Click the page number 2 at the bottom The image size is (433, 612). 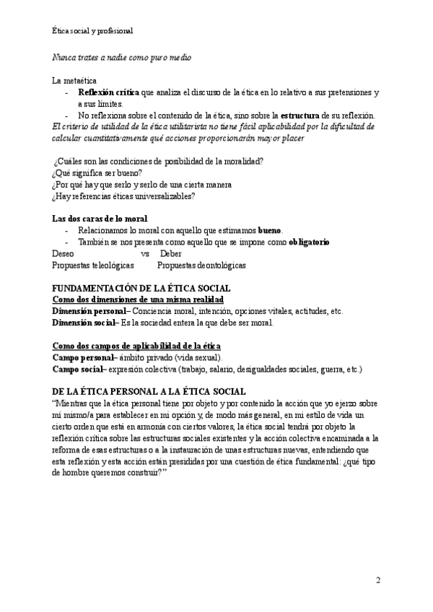379,580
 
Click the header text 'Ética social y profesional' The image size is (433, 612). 93,31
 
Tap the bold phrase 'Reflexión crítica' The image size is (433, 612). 108,93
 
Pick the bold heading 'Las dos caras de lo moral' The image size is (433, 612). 100,219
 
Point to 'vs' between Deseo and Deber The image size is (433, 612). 145,254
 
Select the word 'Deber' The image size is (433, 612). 171,254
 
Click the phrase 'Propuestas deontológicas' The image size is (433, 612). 201,266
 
